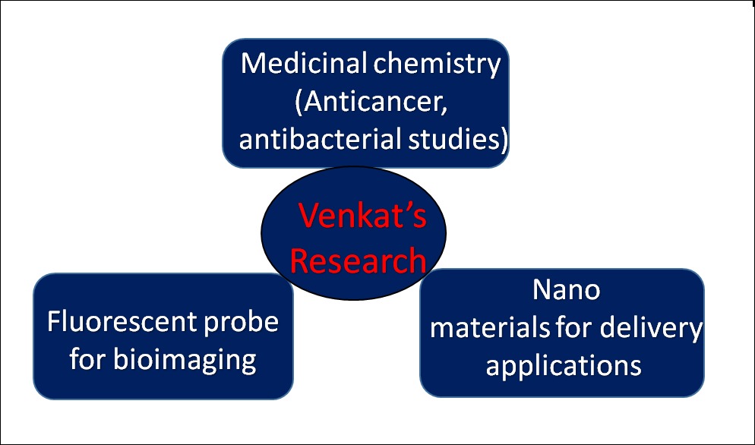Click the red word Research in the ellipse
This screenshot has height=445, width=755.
point(358,260)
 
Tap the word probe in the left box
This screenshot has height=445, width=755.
point(242,322)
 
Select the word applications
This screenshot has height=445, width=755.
point(564,365)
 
